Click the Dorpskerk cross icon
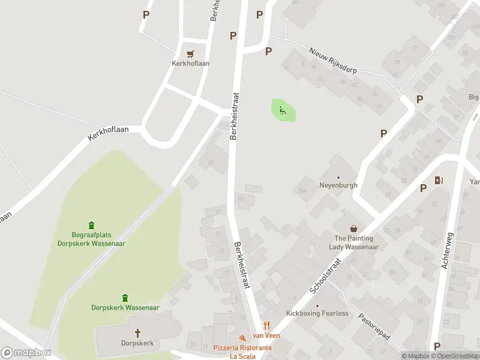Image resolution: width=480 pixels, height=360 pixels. [137, 332]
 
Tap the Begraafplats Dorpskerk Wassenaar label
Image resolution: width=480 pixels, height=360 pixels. [91, 239]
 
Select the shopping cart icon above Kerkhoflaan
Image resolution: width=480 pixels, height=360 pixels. [191, 53]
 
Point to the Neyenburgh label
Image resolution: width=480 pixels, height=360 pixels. [338, 185]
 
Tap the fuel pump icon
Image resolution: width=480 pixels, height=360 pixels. [439, 180]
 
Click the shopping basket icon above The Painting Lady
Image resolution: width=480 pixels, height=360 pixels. [355, 228]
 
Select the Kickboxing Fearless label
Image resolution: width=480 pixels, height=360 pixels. [317, 313]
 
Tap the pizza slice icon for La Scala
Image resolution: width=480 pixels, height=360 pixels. [242, 338]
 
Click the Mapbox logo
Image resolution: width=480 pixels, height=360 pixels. [26, 353]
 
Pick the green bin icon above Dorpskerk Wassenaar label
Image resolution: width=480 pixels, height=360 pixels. [125, 298]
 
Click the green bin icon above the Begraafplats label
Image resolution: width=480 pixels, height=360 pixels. [91, 226]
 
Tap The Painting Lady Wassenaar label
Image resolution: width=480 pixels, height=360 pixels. [356, 242]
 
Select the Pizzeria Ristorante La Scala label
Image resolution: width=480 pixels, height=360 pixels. [242, 352]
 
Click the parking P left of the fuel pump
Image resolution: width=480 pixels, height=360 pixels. [424, 188]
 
